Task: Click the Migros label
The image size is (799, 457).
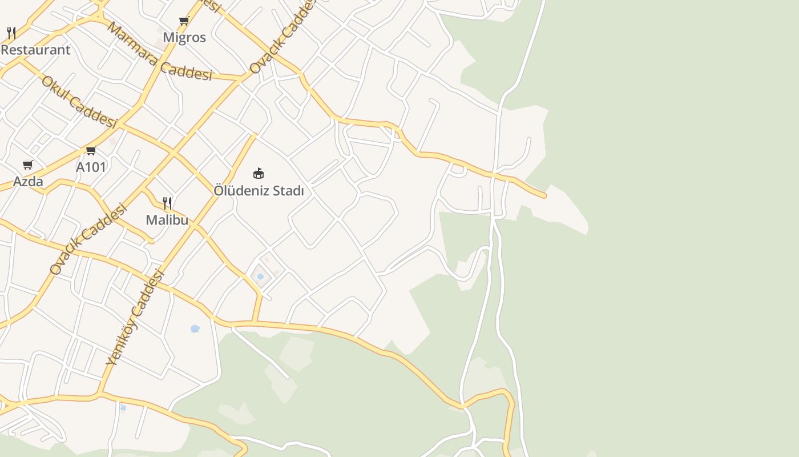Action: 184,38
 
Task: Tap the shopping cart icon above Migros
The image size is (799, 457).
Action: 184,21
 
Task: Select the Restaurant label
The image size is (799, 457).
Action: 35,50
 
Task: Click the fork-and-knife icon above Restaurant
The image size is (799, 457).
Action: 11,33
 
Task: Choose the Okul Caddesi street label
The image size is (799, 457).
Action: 79,102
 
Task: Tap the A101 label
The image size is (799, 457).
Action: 91,167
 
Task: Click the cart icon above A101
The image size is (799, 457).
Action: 91,151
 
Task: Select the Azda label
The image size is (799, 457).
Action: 28,182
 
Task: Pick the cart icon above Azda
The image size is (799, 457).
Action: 28,165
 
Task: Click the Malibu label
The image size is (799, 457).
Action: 167,220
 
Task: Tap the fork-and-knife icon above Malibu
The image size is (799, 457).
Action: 167,203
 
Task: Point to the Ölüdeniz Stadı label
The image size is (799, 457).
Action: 259,191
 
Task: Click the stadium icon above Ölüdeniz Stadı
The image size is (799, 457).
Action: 259,173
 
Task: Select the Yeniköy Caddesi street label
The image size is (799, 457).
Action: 135,317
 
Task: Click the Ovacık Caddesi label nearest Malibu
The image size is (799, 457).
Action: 87,239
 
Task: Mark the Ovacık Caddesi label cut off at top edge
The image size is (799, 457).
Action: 282,37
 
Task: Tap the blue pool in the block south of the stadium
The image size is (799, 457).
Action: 260,276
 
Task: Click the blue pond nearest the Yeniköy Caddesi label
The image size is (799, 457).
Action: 195,328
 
